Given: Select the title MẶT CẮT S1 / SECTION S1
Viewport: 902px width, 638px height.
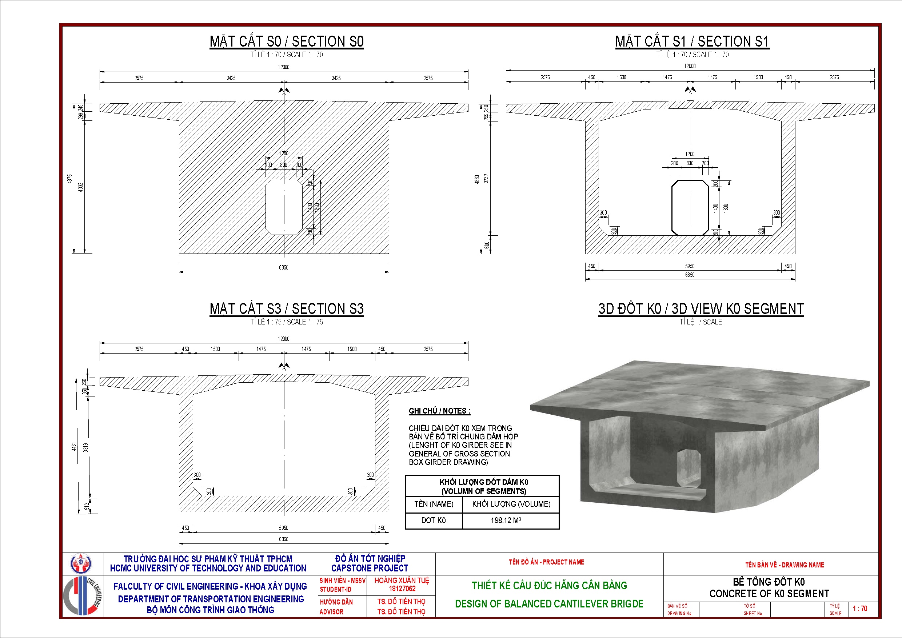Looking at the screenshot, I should pos(692,41).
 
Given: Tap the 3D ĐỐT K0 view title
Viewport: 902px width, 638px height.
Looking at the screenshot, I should pos(701,309).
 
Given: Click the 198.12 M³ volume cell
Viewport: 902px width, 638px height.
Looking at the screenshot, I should pos(506,520).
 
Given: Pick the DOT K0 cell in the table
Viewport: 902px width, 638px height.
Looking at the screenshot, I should pos(433,520).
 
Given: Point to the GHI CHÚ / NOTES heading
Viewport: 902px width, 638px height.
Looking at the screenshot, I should pos(439,411).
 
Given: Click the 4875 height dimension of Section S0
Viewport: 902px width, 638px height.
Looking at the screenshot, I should pos(70,179).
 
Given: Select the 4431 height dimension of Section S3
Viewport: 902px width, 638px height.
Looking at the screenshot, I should pos(74,446).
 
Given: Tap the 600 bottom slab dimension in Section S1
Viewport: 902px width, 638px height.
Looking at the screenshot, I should pos(487,245).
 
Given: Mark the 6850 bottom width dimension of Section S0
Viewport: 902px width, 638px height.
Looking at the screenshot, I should pos(284,268).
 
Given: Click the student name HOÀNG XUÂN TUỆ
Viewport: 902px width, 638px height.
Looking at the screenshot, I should pos(402,580).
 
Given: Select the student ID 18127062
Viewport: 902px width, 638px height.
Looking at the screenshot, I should pos(402,589).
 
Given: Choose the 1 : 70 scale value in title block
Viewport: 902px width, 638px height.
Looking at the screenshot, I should pos(859,609).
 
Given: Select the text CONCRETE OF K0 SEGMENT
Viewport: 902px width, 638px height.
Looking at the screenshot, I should pos(769,594).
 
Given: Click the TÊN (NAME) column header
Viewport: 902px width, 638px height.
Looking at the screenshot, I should pos(434,504).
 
